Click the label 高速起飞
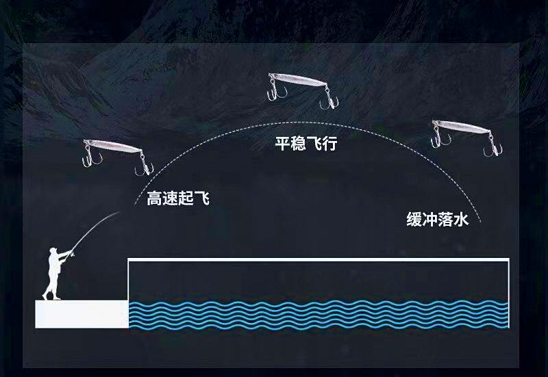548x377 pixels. [x=178, y=198]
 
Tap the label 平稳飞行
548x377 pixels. [x=306, y=143]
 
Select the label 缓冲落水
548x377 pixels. [x=437, y=220]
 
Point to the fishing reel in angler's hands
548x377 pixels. [x=73, y=255]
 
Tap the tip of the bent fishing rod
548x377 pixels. [x=119, y=211]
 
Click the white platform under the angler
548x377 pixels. [x=82, y=314]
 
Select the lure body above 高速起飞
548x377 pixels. [x=112, y=146]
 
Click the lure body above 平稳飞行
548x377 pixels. [x=298, y=79]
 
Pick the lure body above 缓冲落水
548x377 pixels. [x=461, y=127]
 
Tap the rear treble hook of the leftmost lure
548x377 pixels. [x=144, y=164]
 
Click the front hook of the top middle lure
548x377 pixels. [x=277, y=90]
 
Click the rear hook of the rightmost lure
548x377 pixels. [x=493, y=145]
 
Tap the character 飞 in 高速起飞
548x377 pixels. [x=202, y=198]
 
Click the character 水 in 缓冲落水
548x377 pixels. [x=461, y=220]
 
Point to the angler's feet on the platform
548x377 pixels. [x=51, y=298]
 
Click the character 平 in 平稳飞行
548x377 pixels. [x=282, y=143]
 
